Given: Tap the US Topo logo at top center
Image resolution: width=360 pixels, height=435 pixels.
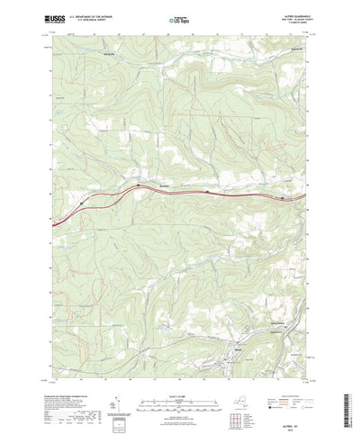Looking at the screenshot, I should point(179,18).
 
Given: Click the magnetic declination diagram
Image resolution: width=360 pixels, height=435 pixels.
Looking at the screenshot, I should point(118,385).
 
